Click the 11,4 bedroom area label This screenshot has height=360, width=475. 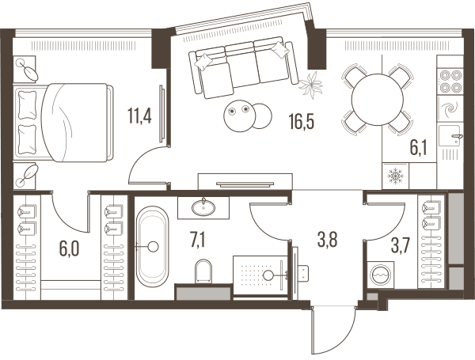[139, 116]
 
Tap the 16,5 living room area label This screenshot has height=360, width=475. [302, 121]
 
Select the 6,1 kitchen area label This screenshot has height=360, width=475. [418, 149]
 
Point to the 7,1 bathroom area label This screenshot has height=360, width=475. [197, 241]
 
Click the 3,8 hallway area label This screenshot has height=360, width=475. [328, 240]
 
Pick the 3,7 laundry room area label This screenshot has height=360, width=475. [401, 246]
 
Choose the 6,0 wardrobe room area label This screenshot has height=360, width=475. [70, 249]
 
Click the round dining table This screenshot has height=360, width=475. [377, 100]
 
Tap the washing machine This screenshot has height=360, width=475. [381, 275]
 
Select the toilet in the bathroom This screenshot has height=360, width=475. [203, 271]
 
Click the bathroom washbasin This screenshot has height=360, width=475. [203, 207]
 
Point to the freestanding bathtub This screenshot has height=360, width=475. [152, 247]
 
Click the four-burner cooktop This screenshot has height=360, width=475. [450, 81]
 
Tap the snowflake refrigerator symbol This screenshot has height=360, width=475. [396, 176]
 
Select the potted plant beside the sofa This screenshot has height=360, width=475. [311, 85]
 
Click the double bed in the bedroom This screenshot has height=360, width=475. [63, 123]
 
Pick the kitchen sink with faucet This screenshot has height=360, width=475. [450, 136]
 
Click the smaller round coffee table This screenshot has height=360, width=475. [261, 116]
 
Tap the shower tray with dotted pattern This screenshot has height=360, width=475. [260, 275]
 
